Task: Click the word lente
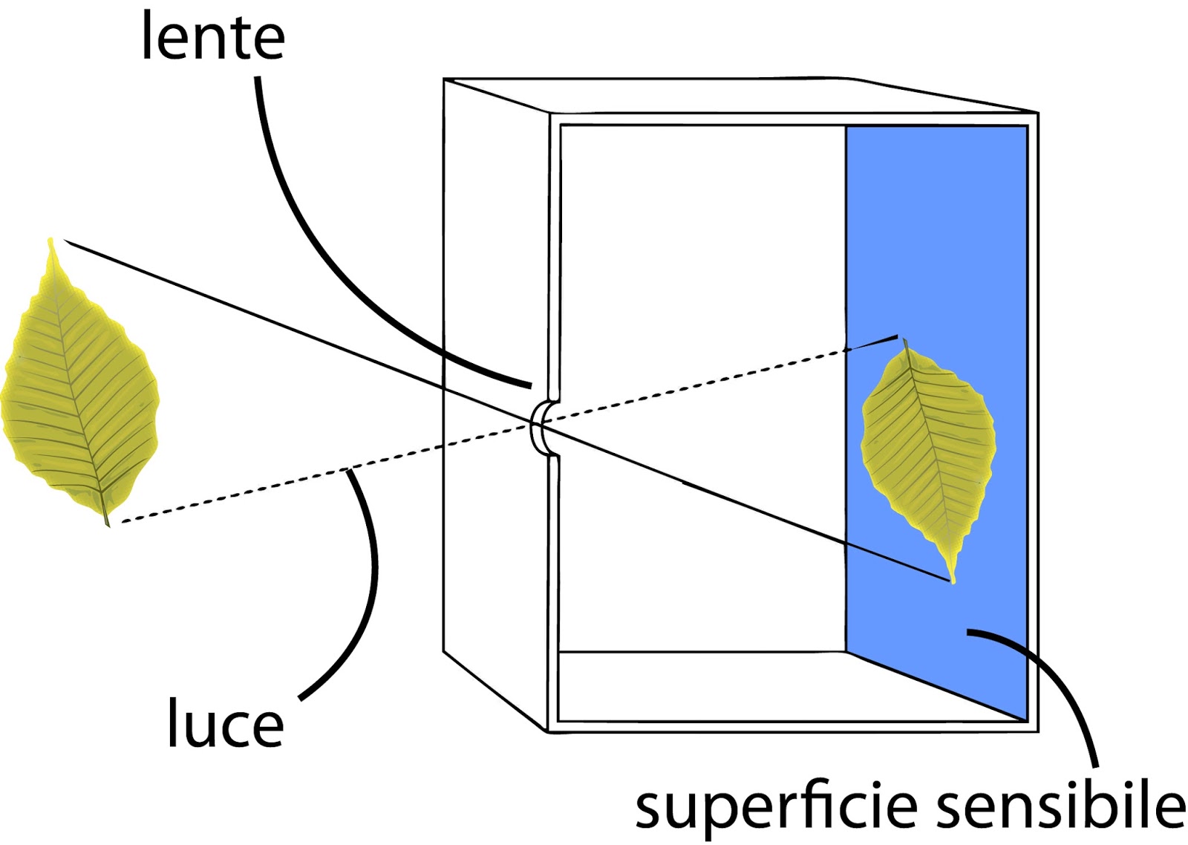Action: tap(213, 37)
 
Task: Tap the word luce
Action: tap(225, 722)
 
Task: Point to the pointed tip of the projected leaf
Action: tap(953, 580)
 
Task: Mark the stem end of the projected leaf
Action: tap(905, 342)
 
